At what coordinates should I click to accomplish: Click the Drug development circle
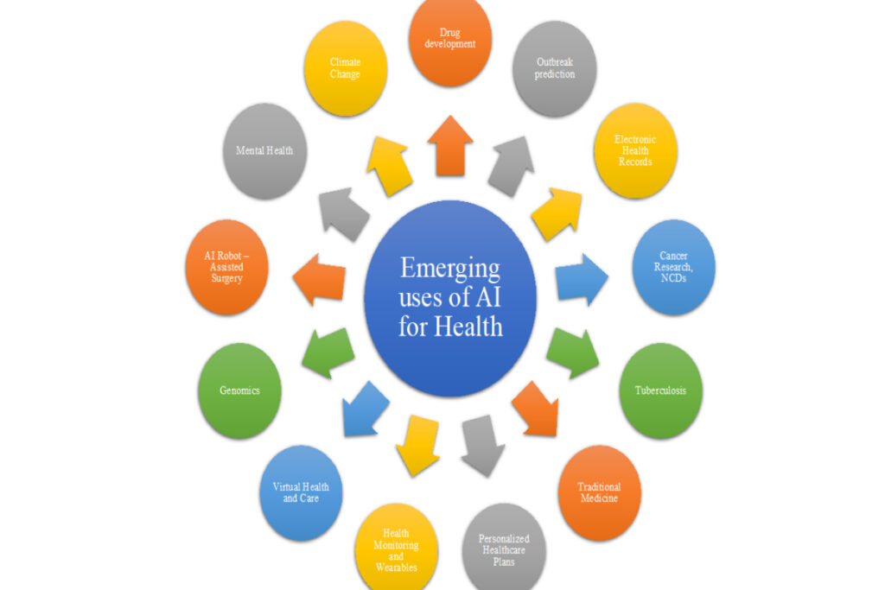[x=450, y=42]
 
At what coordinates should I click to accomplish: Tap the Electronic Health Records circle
[x=634, y=151]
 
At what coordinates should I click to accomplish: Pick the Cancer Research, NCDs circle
[x=673, y=266]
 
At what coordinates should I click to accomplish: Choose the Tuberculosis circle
[x=661, y=390]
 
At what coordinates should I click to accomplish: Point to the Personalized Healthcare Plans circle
[x=504, y=546]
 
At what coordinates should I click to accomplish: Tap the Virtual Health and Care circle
[x=301, y=492]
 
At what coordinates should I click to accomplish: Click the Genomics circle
[x=239, y=390]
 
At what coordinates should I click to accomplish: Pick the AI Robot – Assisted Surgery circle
[x=226, y=267]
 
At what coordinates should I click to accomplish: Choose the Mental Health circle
[x=264, y=151]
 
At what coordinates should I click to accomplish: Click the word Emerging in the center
[x=449, y=269]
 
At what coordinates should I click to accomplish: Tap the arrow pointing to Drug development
[x=450, y=145]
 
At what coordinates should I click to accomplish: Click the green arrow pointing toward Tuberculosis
[x=571, y=351]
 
